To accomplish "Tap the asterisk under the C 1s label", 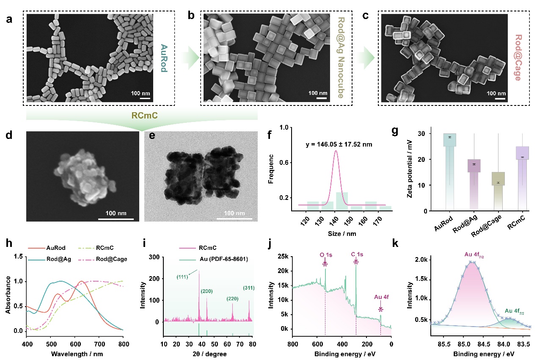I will (356, 263).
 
